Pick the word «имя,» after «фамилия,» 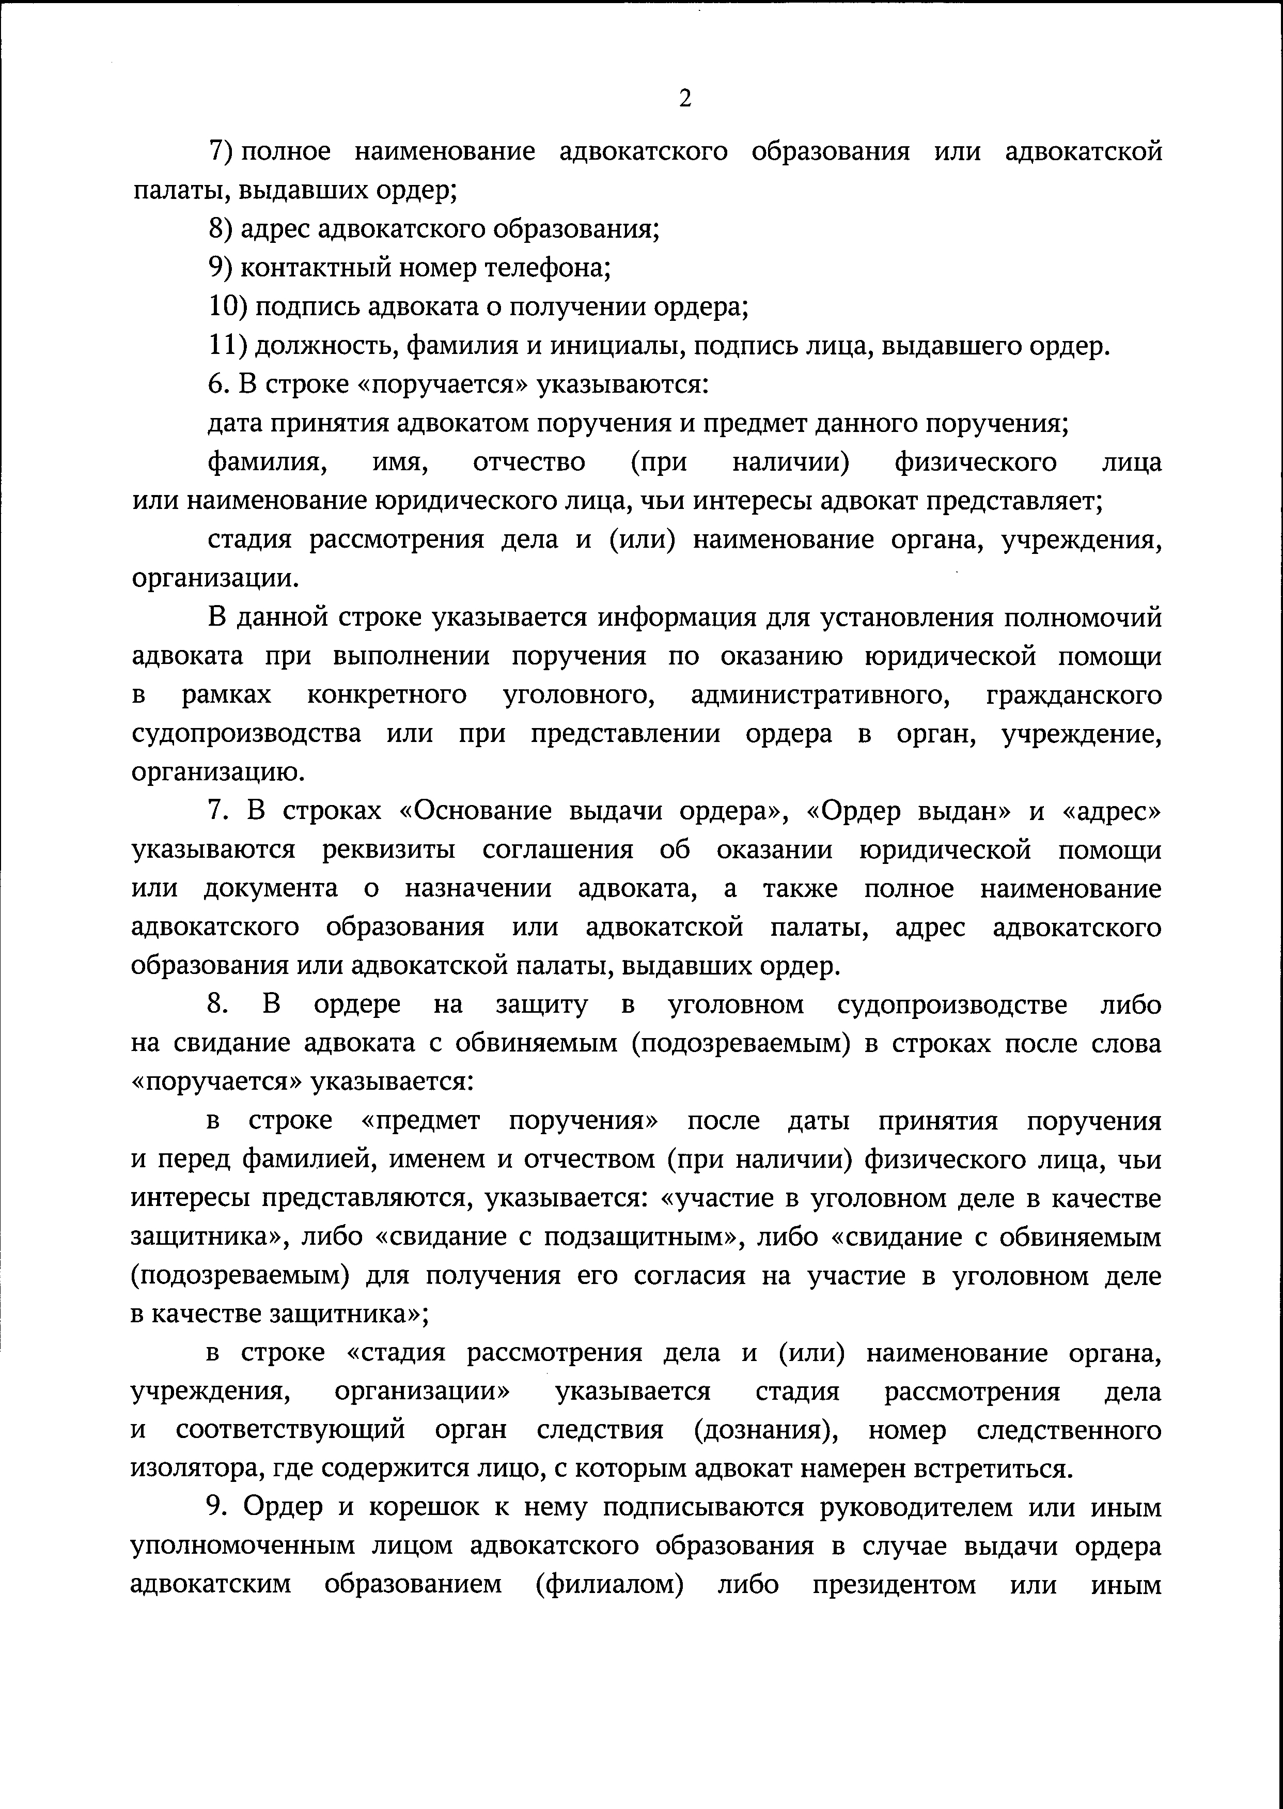click(400, 462)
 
